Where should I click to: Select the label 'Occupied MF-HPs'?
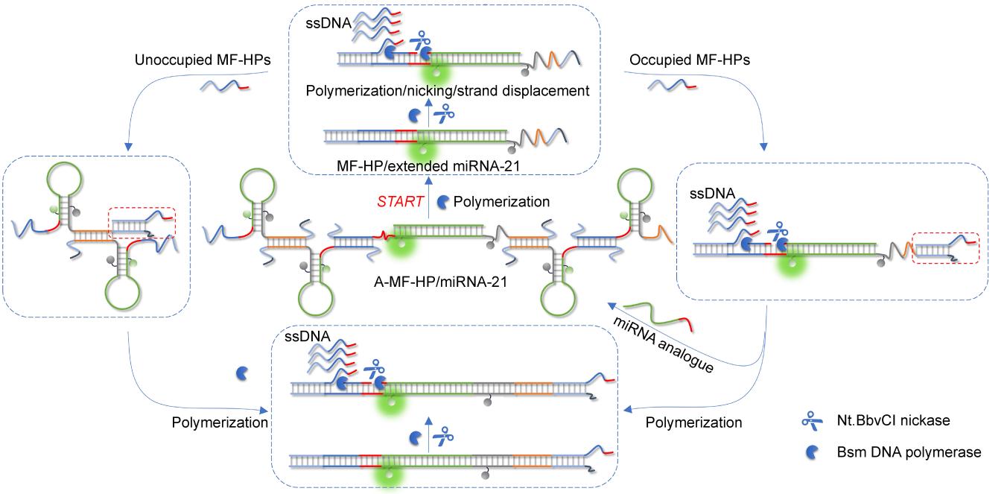click(689, 60)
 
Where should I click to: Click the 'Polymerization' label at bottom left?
click(220, 422)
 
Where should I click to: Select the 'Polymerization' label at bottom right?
click(693, 422)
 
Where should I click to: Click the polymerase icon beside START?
click(442, 202)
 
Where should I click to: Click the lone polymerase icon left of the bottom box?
click(242, 373)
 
